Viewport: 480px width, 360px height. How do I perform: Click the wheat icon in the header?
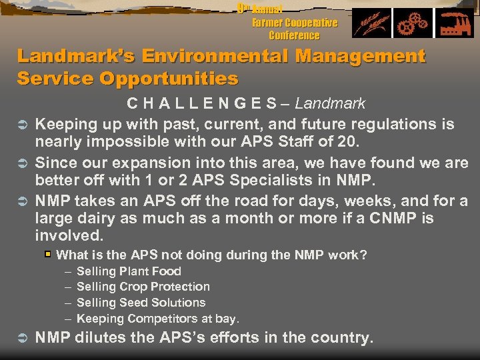pyautogui.click(x=371, y=24)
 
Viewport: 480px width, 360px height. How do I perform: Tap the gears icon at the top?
pyautogui.click(x=413, y=24)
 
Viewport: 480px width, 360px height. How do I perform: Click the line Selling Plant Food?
pyautogui.click(x=129, y=271)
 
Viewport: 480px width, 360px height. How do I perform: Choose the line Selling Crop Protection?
pyautogui.click(x=143, y=287)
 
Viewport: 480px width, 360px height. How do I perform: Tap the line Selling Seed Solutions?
pyautogui.click(x=141, y=303)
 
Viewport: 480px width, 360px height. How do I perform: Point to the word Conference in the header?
pyautogui.click(x=294, y=35)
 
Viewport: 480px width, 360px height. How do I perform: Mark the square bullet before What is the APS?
pyautogui.click(x=47, y=255)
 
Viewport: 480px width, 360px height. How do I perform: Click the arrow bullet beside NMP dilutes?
pyautogui.click(x=21, y=339)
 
